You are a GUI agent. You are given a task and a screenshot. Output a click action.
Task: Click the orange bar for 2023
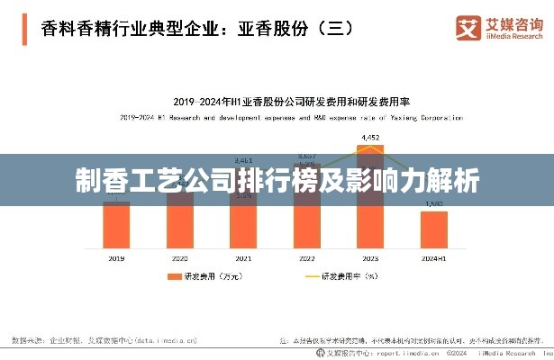pyautogui.click(x=370, y=216)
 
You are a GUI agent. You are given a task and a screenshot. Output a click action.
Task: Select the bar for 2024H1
pyautogui.click(x=433, y=229)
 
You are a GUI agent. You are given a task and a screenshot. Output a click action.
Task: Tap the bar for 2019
pyautogui.click(x=116, y=225)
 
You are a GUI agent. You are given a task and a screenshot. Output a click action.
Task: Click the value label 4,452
pyautogui.click(x=370, y=137)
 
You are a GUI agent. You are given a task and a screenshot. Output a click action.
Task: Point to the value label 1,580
pyautogui.click(x=433, y=204)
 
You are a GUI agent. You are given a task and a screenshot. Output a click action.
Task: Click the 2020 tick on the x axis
pyautogui.click(x=180, y=258)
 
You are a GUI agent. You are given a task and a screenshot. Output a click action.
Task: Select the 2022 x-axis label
pyautogui.click(x=306, y=258)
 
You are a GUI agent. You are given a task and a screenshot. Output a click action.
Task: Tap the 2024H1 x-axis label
pyautogui.click(x=433, y=258)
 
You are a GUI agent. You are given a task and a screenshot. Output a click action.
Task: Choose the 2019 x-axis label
pyautogui.click(x=116, y=258)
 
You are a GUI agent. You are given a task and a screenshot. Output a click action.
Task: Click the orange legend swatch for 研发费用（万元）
pyautogui.click(x=169, y=277)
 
